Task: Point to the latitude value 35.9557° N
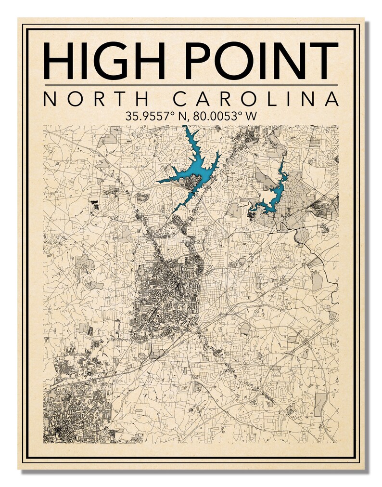[x=155, y=116]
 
